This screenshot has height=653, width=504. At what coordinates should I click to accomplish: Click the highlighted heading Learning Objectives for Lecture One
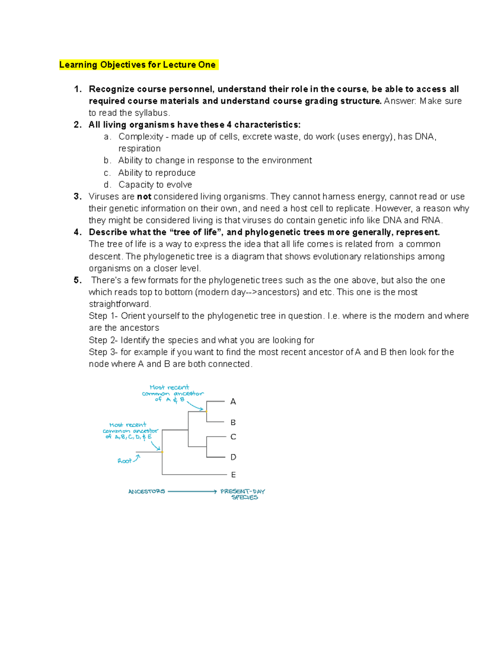pyautogui.click(x=138, y=65)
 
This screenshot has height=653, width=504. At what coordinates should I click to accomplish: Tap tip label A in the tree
pyautogui.click(x=233, y=402)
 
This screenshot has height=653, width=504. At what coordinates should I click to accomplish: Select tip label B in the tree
pyautogui.click(x=233, y=422)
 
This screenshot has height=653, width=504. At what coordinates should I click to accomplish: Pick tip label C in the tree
pyautogui.click(x=233, y=437)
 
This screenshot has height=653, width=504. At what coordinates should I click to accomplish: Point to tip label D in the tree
pyautogui.click(x=233, y=457)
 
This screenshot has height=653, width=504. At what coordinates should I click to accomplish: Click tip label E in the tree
pyautogui.click(x=233, y=475)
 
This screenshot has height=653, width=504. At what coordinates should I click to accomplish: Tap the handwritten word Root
pyautogui.click(x=124, y=461)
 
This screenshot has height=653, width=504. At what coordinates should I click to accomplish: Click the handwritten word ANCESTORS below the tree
pyautogui.click(x=147, y=491)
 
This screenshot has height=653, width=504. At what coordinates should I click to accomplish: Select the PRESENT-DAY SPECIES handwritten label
pyautogui.click(x=243, y=494)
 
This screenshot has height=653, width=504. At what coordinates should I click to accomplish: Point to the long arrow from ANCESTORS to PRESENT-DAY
pyautogui.click(x=192, y=491)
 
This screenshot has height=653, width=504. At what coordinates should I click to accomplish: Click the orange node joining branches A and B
pyautogui.click(x=207, y=411)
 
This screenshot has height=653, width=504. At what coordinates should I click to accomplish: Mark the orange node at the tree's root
pyautogui.click(x=162, y=452)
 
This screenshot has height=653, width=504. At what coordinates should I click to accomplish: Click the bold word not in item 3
pyautogui.click(x=144, y=196)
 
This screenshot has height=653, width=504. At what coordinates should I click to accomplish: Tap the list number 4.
pyautogui.click(x=77, y=232)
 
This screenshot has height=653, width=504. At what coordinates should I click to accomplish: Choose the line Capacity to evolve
pyautogui.click(x=155, y=185)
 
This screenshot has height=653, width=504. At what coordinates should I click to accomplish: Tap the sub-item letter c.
pyautogui.click(x=107, y=173)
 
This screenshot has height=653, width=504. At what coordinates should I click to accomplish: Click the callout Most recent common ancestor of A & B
pyautogui.click(x=172, y=393)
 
